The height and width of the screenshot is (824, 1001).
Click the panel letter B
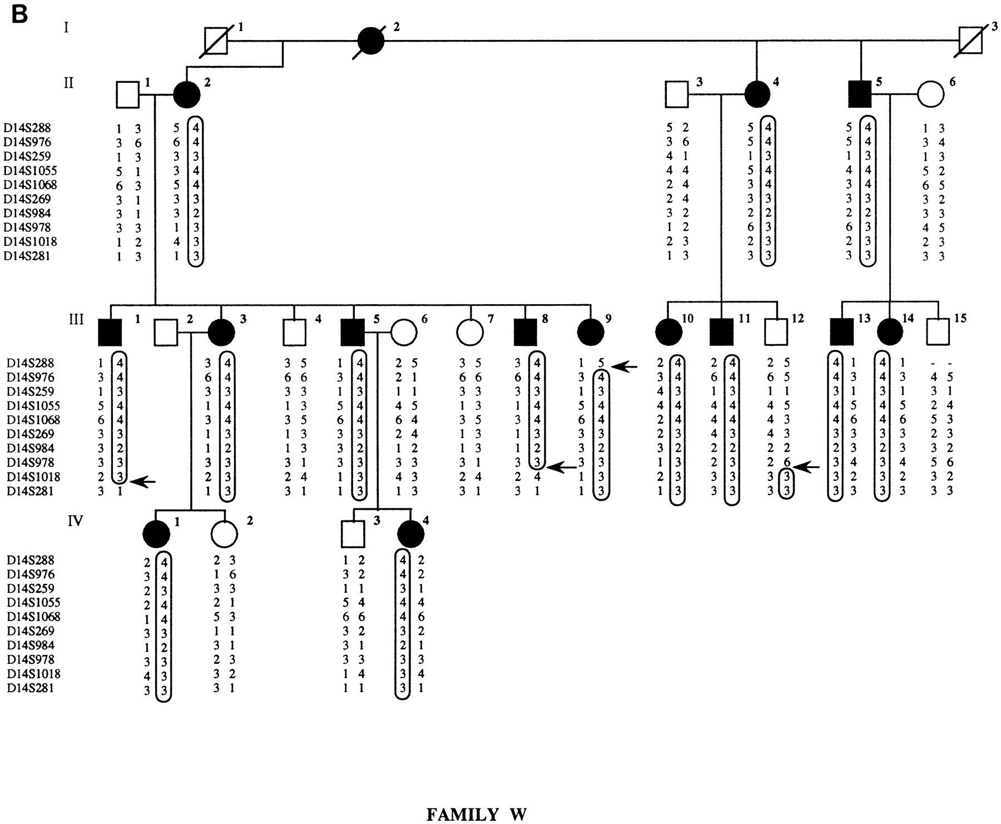click(x=19, y=14)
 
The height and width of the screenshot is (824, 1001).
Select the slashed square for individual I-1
click(x=215, y=41)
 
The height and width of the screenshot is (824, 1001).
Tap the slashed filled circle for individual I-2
click(x=370, y=41)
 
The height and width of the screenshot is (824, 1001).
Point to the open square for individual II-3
click(x=677, y=95)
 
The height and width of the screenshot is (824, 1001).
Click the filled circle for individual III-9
click(x=591, y=332)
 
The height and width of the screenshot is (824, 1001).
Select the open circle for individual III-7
click(x=470, y=332)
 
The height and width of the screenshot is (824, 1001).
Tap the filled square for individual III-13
click(x=841, y=332)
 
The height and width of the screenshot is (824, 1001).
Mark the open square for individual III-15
click(x=939, y=332)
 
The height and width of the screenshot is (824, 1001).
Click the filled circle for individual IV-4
click(x=412, y=534)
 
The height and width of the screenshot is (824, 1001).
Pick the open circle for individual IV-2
click(x=225, y=534)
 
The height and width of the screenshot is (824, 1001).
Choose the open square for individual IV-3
click(x=354, y=534)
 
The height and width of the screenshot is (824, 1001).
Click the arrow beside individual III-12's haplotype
click(x=806, y=468)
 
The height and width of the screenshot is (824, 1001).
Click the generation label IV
click(x=75, y=521)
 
